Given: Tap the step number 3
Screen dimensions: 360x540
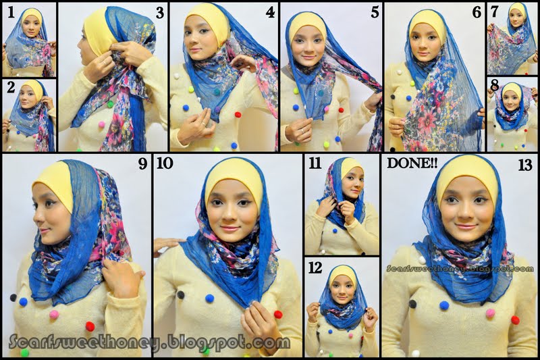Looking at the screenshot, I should click(x=159, y=12).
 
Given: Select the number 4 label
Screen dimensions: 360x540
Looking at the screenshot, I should click(x=270, y=12).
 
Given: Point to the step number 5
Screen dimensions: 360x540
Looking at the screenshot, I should click(x=375, y=12).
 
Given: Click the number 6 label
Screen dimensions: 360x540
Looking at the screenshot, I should click(x=477, y=12).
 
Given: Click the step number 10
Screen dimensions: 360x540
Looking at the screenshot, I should click(x=165, y=163).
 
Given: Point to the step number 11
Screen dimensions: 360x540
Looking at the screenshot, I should click(x=315, y=163).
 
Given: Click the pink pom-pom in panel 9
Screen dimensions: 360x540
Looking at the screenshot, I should click(x=54, y=314).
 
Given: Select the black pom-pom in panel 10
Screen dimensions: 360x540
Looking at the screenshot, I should click(x=181, y=294).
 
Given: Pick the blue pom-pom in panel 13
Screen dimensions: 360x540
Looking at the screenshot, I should click(x=444, y=305).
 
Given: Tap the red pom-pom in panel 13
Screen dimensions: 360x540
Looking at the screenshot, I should click(x=515, y=319).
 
